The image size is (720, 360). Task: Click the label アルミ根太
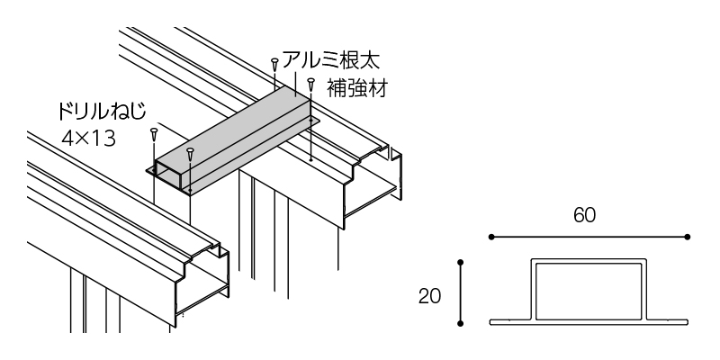(x=330, y=61)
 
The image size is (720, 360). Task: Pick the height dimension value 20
(x=429, y=294)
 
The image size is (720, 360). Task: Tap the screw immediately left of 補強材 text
(x=310, y=85)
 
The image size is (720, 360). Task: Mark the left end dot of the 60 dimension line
(x=490, y=237)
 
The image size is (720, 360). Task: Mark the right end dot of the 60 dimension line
(x=688, y=237)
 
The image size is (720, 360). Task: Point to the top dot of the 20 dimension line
(x=461, y=263)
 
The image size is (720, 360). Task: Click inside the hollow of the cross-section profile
(x=589, y=290)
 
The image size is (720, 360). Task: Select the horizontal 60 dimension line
(x=589, y=237)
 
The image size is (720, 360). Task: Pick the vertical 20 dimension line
(x=461, y=293)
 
